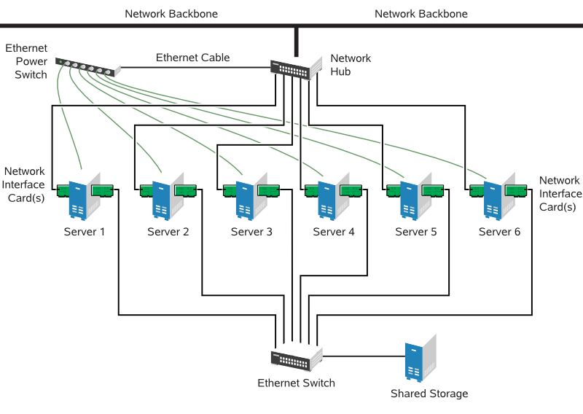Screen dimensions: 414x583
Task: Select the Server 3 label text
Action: coord(251,232)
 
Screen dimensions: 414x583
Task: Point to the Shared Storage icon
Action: coord(418,360)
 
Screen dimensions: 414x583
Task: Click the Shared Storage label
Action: coord(429,394)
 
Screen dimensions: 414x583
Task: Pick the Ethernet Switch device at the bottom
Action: coord(296,358)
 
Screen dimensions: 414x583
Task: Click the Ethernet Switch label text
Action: coord(296,383)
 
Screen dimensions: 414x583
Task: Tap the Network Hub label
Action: coord(351,65)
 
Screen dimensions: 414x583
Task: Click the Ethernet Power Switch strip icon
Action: coord(86,67)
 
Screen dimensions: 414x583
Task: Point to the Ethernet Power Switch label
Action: coord(27,61)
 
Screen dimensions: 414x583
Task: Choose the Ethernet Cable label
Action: coord(192,58)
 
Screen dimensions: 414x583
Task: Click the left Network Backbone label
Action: coord(171,14)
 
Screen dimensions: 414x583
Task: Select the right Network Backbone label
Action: coord(421,14)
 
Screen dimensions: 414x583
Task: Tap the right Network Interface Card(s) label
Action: coord(560,193)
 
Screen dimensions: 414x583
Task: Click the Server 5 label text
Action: coord(416,232)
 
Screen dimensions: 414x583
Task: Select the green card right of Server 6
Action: coord(516,190)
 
